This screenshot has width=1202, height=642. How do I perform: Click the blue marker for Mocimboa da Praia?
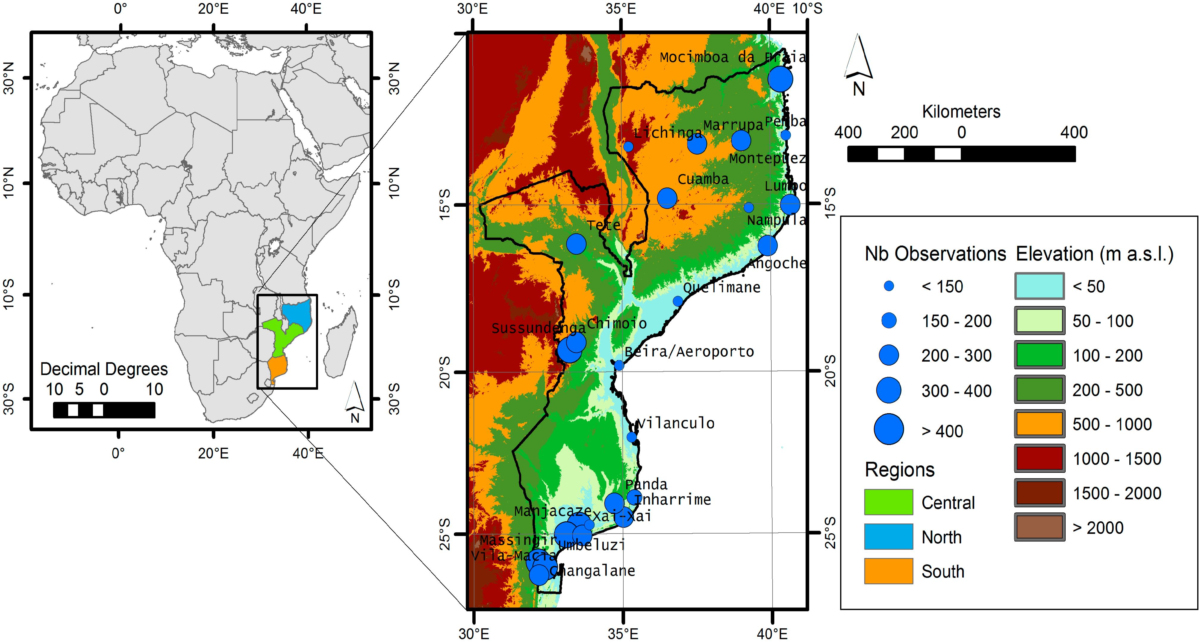coord(780,79)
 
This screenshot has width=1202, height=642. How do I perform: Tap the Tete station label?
coord(603,225)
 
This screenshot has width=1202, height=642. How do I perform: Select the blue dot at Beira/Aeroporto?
coord(619,365)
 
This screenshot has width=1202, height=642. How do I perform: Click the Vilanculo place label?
coord(676,423)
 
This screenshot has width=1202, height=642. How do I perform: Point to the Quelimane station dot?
coord(678,301)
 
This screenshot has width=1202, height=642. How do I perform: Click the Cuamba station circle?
coord(667,198)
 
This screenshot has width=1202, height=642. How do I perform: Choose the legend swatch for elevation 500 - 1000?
coord(1039,424)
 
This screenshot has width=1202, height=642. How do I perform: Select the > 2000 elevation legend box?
coord(1039,527)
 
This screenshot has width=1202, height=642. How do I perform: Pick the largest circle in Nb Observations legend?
coord(888,429)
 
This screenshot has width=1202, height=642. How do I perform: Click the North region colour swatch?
coord(888,537)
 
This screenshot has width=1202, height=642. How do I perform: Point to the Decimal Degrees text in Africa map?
coord(104,369)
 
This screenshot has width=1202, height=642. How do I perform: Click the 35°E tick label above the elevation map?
coord(621,9)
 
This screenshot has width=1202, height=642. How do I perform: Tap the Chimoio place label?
coord(616,323)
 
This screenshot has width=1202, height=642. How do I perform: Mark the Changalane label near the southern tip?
coord(593,571)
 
